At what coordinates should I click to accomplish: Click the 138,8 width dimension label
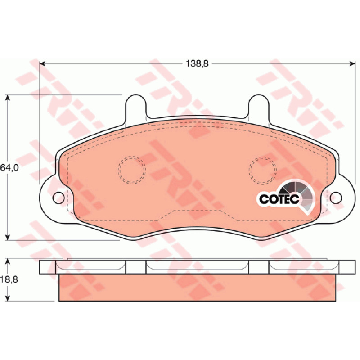coord(197,63)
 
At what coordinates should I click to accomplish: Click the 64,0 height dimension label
coord(9,168)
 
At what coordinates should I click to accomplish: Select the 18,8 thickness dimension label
coord(9,279)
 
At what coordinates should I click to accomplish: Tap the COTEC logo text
coord(279,199)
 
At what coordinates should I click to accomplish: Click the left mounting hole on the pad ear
coord(58,198)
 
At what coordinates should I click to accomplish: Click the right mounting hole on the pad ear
coord(336,198)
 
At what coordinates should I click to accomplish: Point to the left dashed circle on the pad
coord(132,170)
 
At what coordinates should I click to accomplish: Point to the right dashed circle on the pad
coord(263,170)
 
